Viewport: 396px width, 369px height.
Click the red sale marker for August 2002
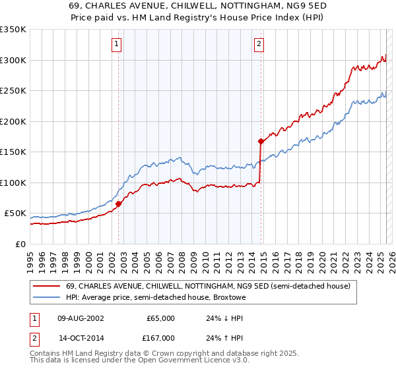click(119, 204)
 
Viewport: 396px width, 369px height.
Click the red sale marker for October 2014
click(261, 141)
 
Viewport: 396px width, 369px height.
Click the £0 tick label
click(21, 244)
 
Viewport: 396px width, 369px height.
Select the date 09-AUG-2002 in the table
click(81, 318)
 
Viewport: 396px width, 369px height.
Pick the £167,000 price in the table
click(160, 337)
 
